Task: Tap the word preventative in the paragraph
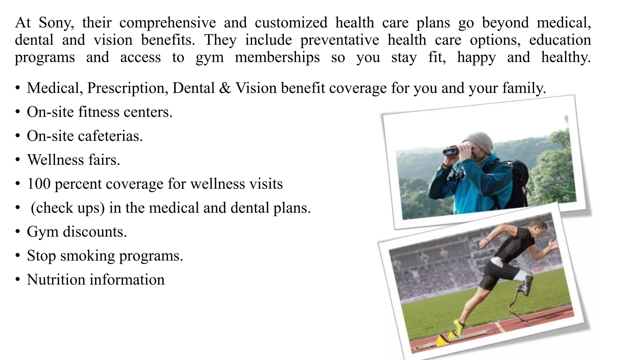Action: [340, 40]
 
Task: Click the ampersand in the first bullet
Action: [225, 88]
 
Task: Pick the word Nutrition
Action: [56, 280]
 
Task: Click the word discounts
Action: [95, 232]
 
